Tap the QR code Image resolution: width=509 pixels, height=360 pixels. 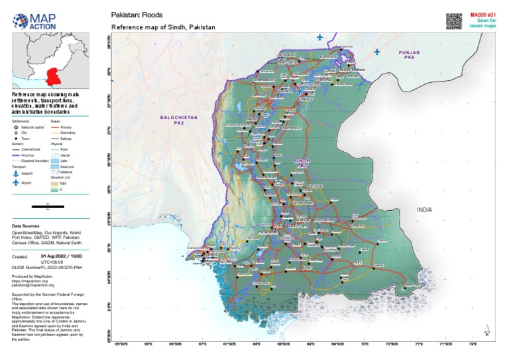(453, 21)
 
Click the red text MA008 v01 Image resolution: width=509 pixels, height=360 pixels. (482, 14)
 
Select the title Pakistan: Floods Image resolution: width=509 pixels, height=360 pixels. (136, 14)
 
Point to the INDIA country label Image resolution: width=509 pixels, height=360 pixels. (424, 210)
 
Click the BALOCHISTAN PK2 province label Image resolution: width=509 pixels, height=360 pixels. (179, 120)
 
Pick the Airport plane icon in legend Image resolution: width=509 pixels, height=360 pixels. (17, 182)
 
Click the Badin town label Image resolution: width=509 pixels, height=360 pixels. (306, 267)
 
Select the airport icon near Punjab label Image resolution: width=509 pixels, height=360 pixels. (377, 52)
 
